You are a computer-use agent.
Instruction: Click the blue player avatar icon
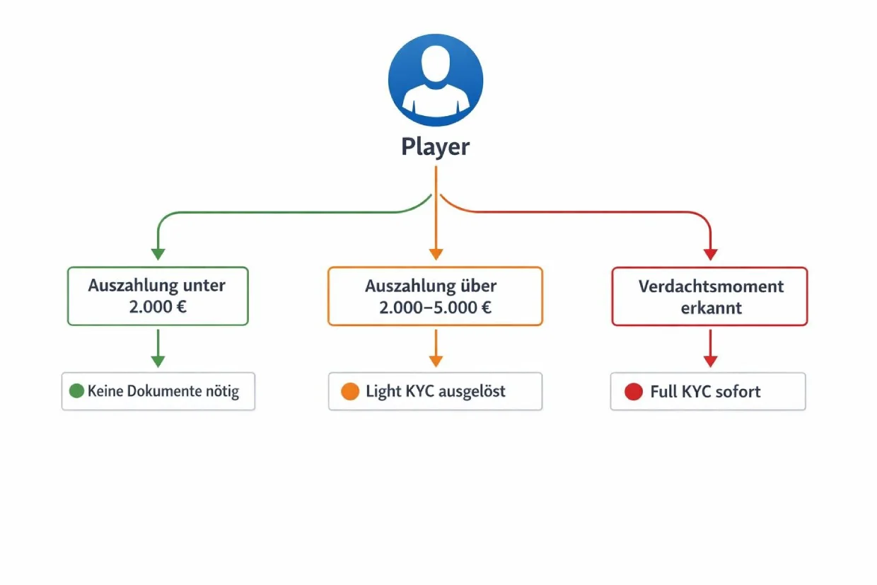436,79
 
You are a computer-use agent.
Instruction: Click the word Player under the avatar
436,147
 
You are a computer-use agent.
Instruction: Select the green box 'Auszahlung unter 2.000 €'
158,296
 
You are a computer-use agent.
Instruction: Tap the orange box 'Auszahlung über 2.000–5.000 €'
435,296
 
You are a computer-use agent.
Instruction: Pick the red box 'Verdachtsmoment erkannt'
709,296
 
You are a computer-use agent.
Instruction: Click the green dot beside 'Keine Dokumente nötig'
76,391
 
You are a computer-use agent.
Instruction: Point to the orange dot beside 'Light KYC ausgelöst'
350,391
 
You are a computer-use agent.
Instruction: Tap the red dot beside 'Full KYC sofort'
634,392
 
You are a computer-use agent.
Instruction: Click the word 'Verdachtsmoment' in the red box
711,286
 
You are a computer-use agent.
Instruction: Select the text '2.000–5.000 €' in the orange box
435,308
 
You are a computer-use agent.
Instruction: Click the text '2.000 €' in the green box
158,308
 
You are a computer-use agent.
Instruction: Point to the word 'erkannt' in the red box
711,308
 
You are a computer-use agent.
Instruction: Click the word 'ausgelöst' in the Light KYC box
472,391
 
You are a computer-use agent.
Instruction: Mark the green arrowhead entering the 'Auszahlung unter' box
158,254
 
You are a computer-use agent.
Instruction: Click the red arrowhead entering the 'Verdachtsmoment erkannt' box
711,254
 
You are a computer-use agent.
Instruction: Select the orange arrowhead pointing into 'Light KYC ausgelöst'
436,361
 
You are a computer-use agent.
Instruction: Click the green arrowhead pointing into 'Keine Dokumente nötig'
158,361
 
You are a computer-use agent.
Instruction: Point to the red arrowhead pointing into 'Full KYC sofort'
711,361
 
